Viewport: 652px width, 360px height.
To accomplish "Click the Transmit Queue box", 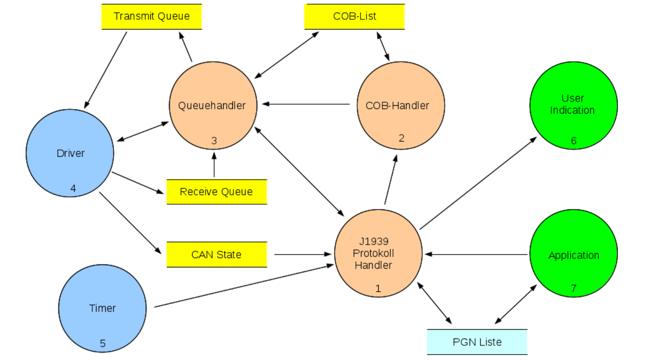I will [152, 17].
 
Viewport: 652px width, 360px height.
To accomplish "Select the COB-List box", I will [354, 17].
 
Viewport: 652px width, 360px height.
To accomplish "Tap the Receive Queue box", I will [216, 192].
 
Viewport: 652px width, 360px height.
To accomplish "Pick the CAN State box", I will [216, 255].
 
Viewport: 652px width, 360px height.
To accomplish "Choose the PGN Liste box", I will [477, 342].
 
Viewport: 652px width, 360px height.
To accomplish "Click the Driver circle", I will [70, 153].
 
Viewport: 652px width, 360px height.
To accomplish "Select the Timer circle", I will [102, 308].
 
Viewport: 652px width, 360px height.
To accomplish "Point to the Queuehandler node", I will [213, 105].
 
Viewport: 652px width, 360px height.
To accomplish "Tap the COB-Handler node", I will [401, 105].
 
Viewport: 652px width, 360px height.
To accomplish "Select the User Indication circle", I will [573, 105].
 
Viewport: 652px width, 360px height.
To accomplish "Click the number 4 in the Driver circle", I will [73, 188].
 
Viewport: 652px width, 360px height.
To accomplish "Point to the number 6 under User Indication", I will [574, 141].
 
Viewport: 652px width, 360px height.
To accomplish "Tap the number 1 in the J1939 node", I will [378, 288].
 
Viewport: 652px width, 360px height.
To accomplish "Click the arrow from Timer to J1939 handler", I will [244, 286].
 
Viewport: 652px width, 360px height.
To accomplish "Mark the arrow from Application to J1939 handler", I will [476, 254].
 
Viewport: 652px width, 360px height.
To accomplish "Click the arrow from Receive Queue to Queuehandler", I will [214, 165].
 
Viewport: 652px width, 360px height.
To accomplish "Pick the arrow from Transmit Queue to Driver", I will [106, 70].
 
